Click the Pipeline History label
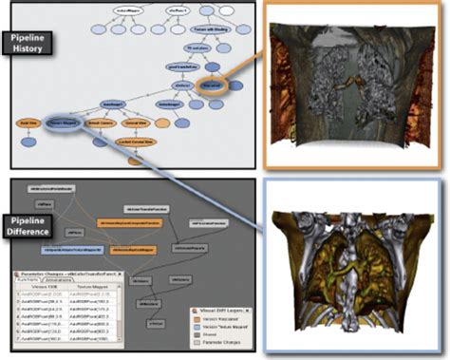(33, 44)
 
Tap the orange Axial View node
(29, 123)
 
